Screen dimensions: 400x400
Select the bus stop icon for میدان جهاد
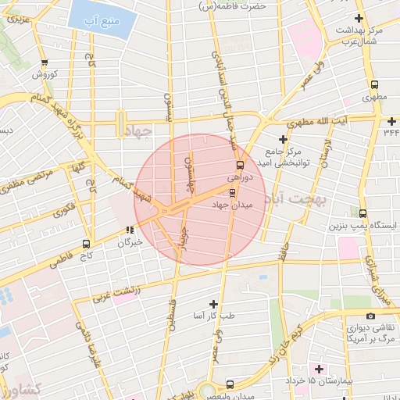[x=232, y=192]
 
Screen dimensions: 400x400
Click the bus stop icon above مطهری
[x=374, y=85]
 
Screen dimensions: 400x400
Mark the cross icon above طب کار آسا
[x=214, y=303]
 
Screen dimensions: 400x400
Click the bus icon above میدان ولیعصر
[x=229, y=384]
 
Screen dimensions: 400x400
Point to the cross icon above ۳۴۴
[x=391, y=120]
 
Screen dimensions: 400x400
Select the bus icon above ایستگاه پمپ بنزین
[x=362, y=212]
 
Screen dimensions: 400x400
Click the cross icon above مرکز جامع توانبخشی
[x=284, y=138]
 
